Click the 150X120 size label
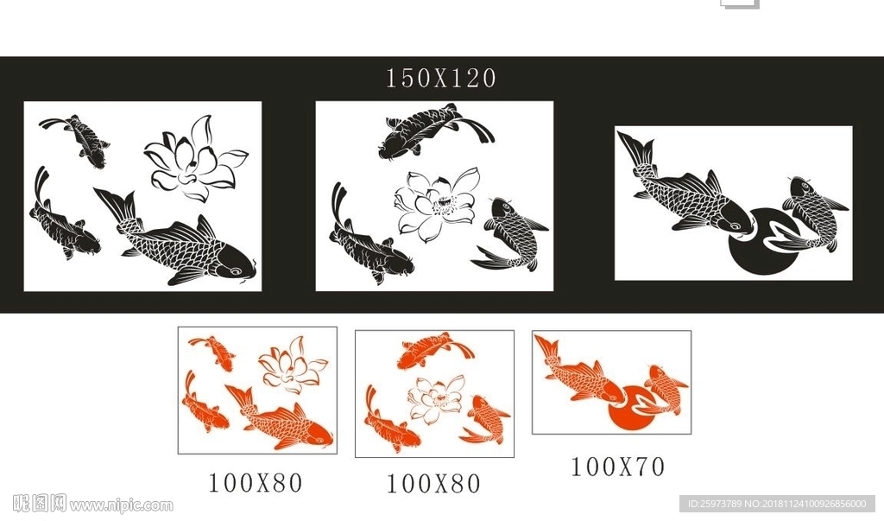point(440,78)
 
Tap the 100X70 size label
point(618,467)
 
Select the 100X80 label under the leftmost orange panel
point(256,483)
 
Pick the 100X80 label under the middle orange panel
point(433,484)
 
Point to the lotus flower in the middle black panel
point(436,205)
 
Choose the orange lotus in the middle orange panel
point(436,400)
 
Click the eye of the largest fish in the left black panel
point(235,271)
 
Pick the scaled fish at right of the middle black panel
point(509,234)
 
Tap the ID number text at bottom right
point(778,504)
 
